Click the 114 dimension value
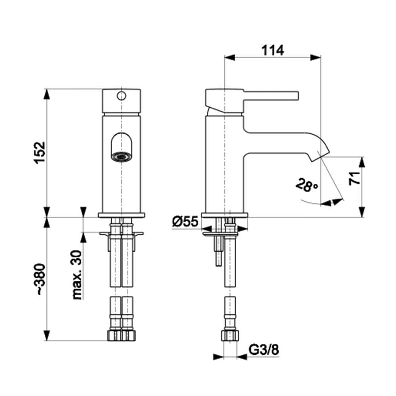tap(272, 50)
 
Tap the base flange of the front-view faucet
tap(121, 215)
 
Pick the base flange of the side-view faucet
tap(225, 215)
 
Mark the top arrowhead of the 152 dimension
tap(47, 94)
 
